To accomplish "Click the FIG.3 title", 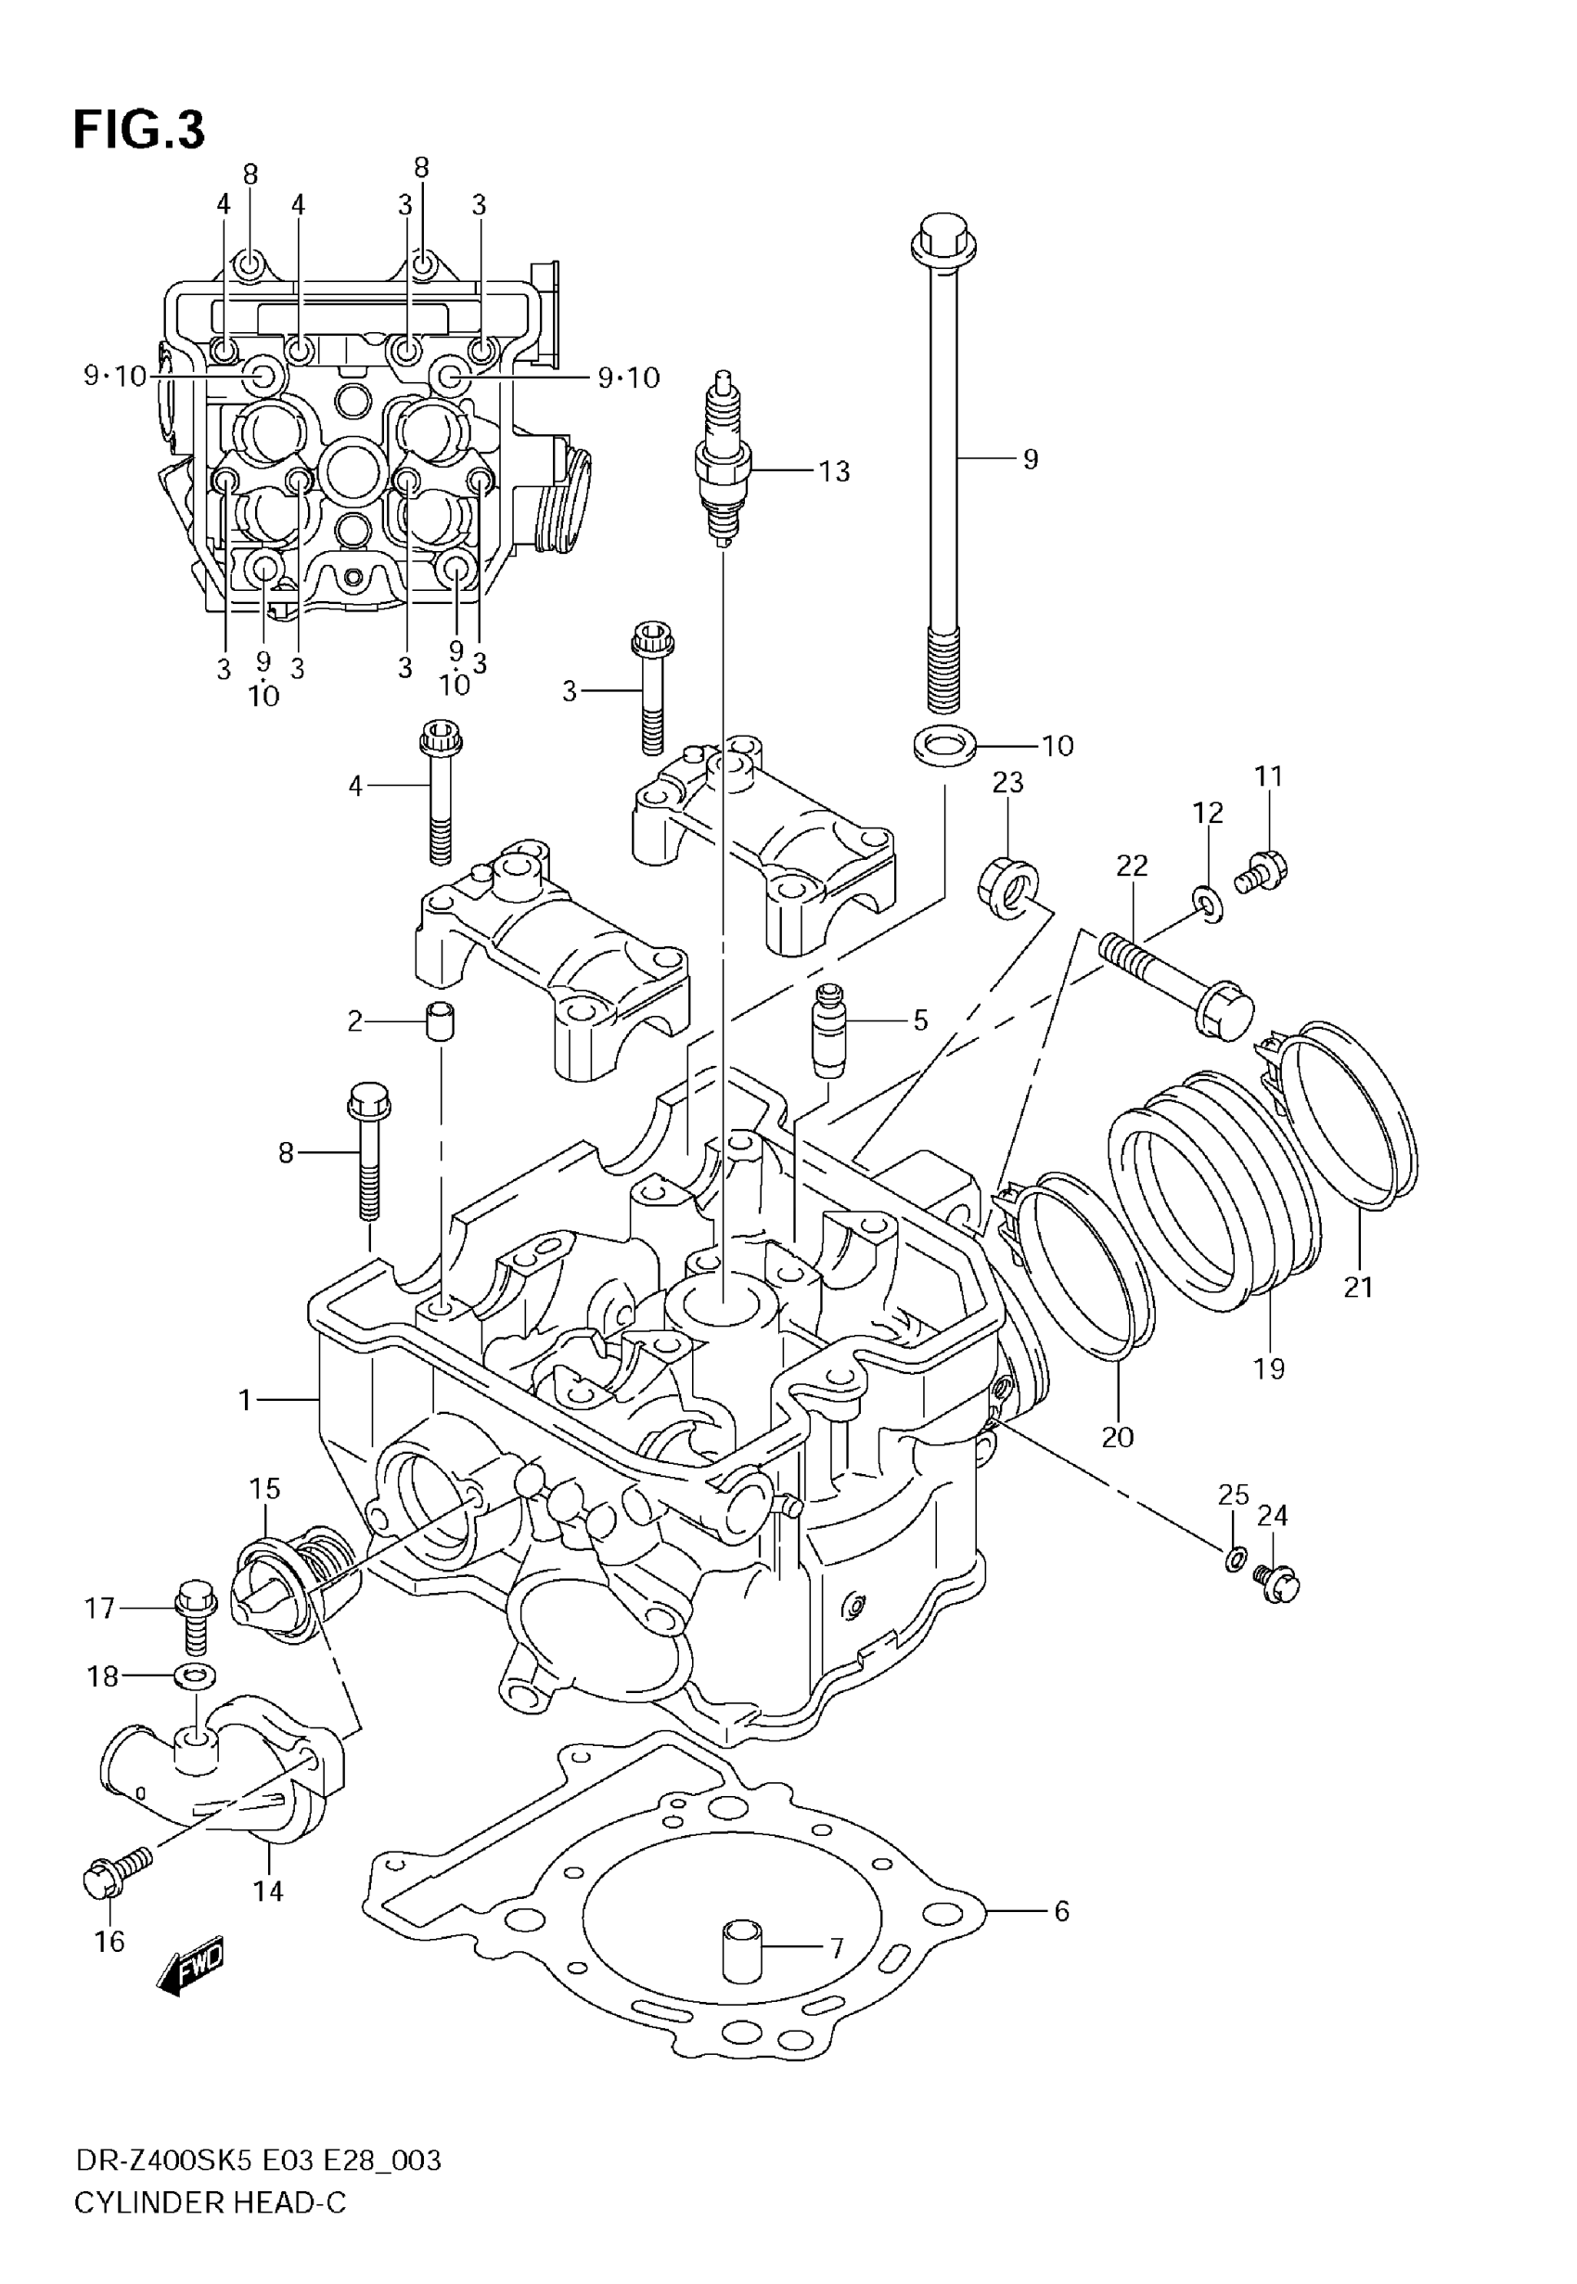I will (139, 131).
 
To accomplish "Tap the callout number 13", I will (834, 472).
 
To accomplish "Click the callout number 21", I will (1359, 1288).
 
